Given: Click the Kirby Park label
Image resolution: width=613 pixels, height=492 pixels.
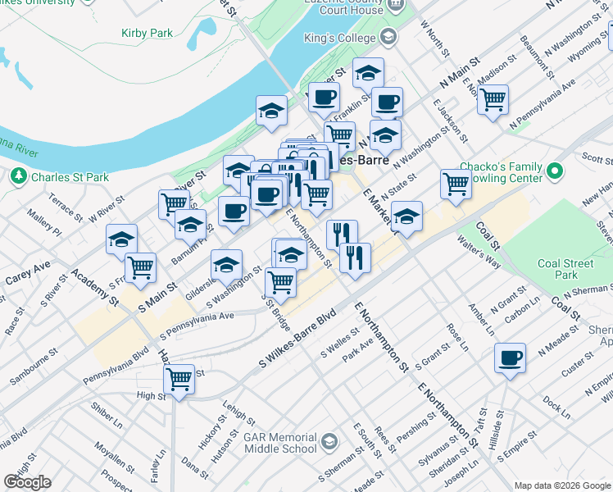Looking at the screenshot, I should (x=147, y=33).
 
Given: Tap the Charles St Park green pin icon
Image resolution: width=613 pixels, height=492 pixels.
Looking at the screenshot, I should (x=16, y=176).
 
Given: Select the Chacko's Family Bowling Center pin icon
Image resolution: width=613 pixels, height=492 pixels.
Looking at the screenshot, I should (x=555, y=171).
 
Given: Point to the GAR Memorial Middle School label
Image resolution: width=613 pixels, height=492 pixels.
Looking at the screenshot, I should (x=279, y=443).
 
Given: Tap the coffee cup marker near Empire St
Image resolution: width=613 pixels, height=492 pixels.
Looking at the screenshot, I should (x=511, y=358).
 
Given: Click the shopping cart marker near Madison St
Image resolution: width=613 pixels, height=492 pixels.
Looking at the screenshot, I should (x=493, y=101).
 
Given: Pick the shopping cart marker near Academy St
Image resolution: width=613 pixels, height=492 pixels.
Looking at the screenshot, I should (x=141, y=266).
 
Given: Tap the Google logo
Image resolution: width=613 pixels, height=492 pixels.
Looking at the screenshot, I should (x=27, y=482).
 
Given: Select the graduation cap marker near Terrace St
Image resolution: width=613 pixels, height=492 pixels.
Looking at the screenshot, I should (x=121, y=239).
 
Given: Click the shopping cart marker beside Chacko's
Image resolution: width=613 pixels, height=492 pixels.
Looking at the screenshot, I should (x=456, y=184).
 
